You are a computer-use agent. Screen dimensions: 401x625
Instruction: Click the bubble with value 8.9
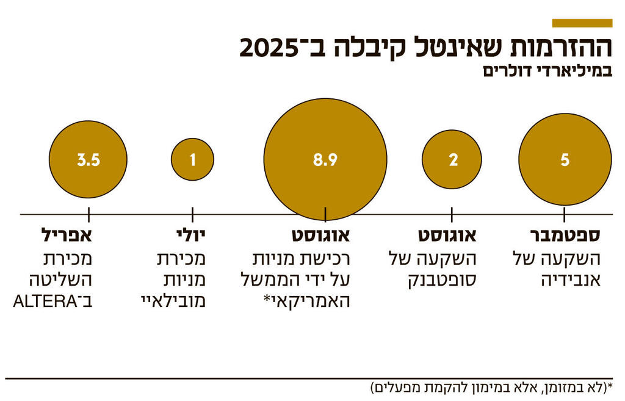point(325,160)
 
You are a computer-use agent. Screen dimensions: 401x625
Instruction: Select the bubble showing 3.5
point(89,160)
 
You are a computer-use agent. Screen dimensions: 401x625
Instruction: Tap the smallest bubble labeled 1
point(193,160)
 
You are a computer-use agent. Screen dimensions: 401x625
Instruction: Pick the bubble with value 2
point(452,160)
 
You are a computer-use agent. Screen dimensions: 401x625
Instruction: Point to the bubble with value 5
point(565,160)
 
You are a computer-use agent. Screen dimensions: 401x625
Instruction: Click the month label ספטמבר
point(567,236)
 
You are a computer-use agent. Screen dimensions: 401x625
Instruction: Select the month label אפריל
point(67,236)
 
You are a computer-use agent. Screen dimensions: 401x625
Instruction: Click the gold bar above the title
point(582,23)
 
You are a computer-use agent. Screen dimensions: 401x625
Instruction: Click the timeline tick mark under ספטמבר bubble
point(565,214)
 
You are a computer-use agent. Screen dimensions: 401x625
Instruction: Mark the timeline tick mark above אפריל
point(89,214)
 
